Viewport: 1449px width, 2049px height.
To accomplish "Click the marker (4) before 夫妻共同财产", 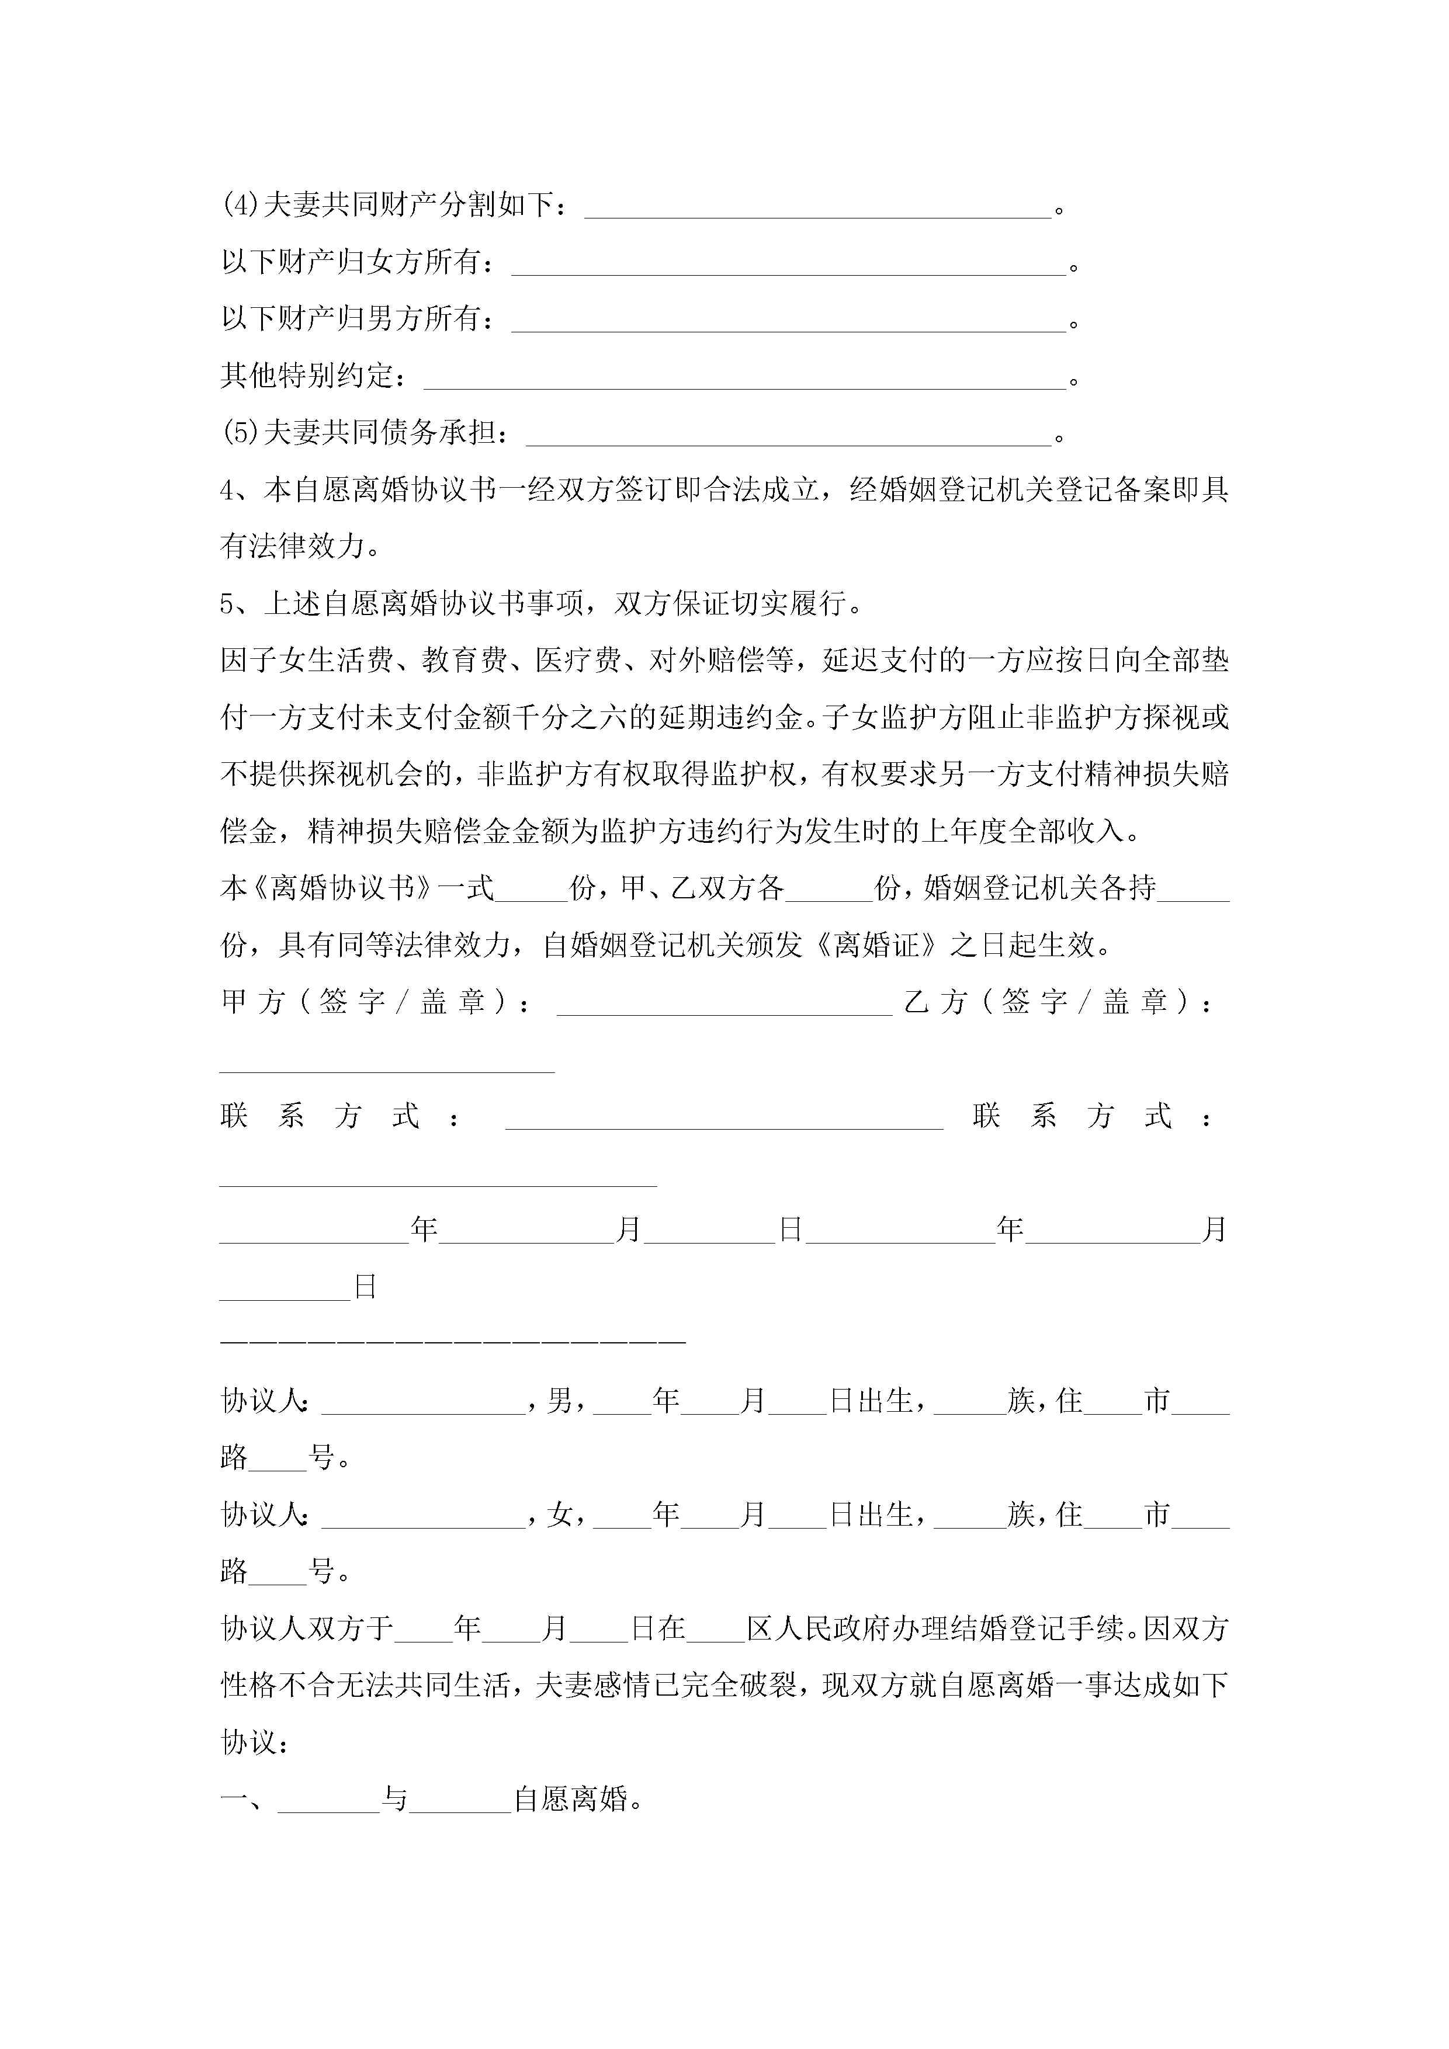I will [x=240, y=206].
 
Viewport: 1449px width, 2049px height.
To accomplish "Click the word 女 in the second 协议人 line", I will [x=560, y=1515].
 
